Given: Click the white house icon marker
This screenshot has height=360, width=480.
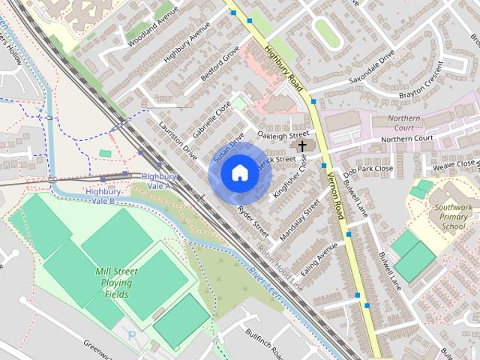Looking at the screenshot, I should [239, 173].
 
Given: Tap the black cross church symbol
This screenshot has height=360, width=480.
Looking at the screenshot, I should [303, 146].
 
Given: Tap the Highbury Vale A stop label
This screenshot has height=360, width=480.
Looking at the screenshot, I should [157, 181].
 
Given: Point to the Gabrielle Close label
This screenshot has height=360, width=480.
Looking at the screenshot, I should [211, 119].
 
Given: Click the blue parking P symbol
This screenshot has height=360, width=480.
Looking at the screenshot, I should [133, 337].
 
